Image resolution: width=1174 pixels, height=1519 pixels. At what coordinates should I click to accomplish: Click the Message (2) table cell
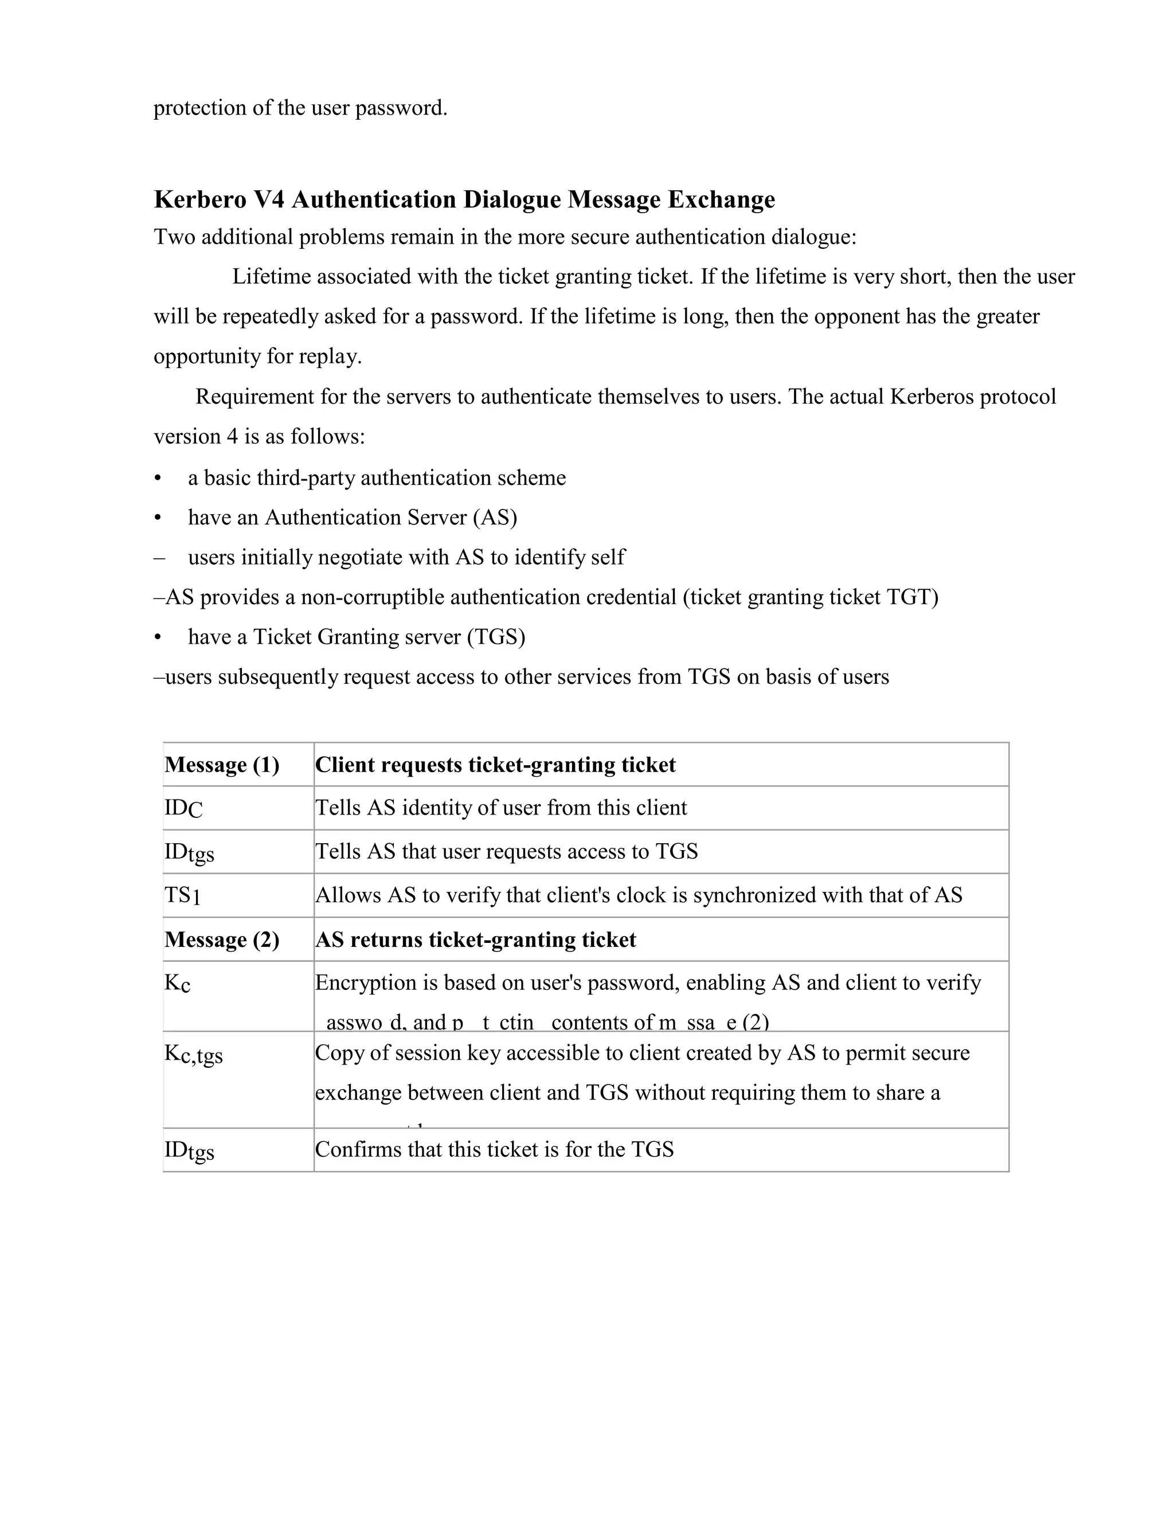[222, 939]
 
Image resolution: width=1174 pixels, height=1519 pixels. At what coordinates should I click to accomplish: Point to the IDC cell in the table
[183, 808]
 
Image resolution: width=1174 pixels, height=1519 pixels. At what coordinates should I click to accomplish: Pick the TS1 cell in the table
[182, 895]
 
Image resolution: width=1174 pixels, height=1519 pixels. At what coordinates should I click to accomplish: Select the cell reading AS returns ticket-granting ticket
[476, 939]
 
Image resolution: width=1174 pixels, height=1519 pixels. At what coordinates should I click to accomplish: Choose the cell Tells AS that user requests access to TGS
[506, 851]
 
